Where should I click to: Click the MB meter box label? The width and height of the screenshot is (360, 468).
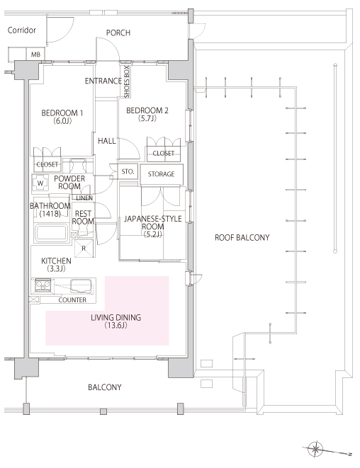click(35, 55)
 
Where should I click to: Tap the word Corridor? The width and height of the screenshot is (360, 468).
click(22, 30)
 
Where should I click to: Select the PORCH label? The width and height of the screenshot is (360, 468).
click(118, 33)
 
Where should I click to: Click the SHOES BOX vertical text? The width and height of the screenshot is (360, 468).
click(127, 81)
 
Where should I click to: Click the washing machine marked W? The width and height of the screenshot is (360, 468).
click(40, 183)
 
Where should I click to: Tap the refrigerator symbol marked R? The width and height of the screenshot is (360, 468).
click(84, 248)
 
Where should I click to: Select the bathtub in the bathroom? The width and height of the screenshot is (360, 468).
click(51, 233)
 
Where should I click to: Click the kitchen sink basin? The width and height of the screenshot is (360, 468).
click(81, 285)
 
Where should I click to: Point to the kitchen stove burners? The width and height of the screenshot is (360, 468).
click(43, 285)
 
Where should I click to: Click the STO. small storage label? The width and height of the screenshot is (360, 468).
click(128, 171)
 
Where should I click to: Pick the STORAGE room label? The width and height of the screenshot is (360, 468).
click(162, 173)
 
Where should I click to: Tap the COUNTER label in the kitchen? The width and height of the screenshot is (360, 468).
click(72, 300)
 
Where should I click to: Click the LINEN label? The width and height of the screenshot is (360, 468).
click(84, 198)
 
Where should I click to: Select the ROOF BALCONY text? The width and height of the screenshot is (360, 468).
click(242, 238)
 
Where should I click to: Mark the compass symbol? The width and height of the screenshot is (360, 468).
click(315, 449)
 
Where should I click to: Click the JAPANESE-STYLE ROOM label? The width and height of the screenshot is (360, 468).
click(153, 227)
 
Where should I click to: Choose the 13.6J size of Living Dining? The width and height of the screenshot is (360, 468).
click(116, 325)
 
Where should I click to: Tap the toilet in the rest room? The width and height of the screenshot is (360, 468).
click(82, 230)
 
